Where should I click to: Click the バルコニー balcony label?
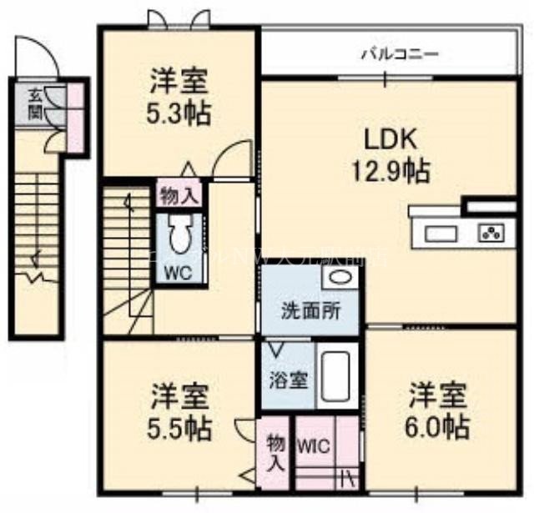pyautogui.click(x=400, y=55)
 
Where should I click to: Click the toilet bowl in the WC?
pyautogui.click(x=179, y=234)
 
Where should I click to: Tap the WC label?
pyautogui.click(x=177, y=273)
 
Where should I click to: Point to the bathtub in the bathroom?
pyautogui.click(x=336, y=377)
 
